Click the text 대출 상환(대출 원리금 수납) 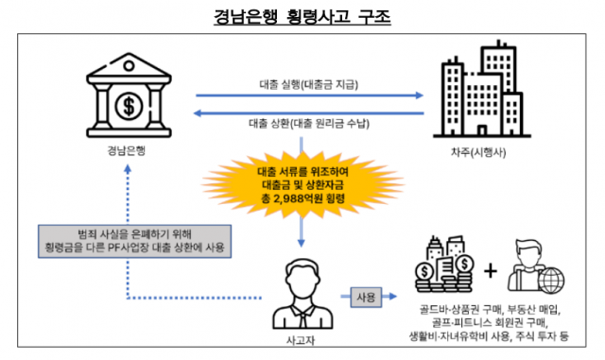point(308,124)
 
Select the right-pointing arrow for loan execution point(308,96)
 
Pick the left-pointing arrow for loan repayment point(308,111)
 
